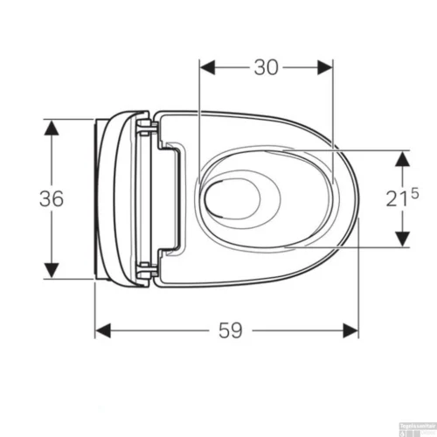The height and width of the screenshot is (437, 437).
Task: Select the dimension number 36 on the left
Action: point(52,198)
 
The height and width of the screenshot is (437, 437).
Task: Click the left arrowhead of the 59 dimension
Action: point(103,329)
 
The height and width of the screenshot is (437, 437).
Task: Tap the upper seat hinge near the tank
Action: point(148,131)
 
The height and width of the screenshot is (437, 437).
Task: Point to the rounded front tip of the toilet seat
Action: point(355,199)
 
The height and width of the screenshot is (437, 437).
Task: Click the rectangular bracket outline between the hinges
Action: point(170,198)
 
